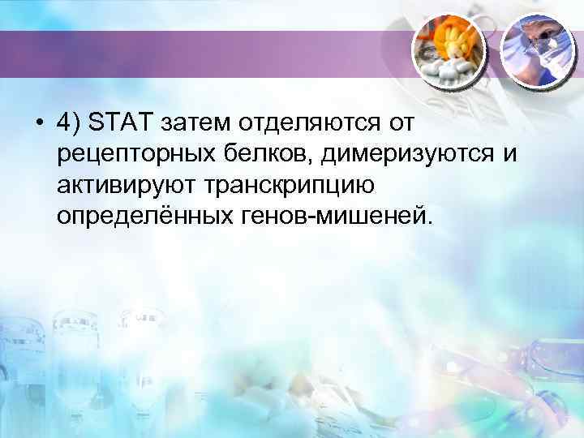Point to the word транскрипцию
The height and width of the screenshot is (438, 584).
[x=280, y=187]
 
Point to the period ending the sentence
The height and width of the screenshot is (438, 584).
[x=432, y=222]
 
